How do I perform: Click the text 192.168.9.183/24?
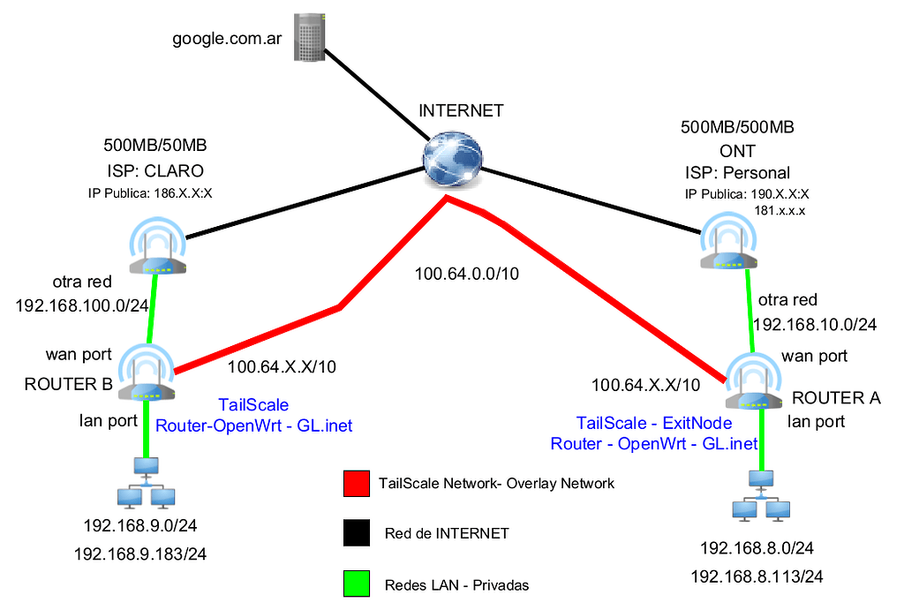[139, 554]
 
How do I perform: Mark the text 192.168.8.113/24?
[757, 577]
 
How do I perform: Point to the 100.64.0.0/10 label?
[467, 274]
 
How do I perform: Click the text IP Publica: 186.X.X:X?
[154, 193]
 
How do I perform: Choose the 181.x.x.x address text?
[780, 211]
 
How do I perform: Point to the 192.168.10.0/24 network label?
[814, 324]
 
